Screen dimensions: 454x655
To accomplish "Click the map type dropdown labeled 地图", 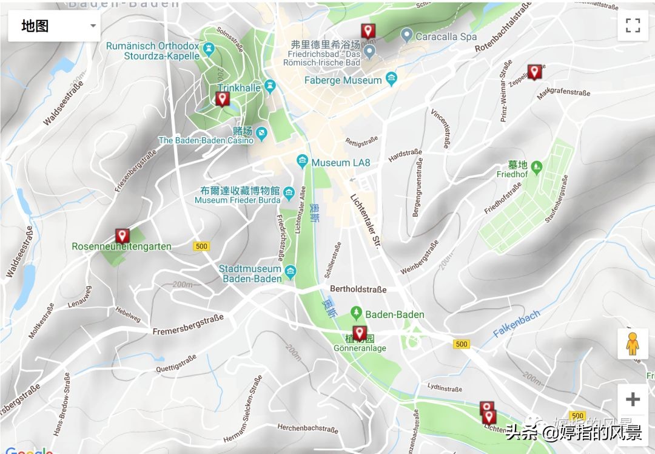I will click(54, 26).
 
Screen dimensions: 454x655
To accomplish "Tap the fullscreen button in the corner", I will click(633, 25).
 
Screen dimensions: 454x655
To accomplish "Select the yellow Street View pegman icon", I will click(633, 344).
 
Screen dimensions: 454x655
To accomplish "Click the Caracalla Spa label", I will click(446, 36).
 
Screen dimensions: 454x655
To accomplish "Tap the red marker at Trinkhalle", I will click(223, 98).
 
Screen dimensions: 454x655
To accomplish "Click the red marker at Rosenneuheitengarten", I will click(122, 236).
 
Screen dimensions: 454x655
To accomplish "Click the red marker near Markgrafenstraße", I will click(534, 72).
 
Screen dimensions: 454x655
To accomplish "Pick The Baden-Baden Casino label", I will click(206, 140).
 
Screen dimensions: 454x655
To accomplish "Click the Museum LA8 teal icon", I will click(302, 162).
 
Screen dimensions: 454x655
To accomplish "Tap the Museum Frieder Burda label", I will click(237, 200).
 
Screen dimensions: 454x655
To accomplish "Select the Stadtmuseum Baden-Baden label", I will click(250, 274).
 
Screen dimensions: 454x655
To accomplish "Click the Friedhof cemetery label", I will click(512, 174).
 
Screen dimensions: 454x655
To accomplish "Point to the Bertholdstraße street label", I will click(358, 290).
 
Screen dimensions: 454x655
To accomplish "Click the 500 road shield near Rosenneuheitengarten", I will click(201, 246).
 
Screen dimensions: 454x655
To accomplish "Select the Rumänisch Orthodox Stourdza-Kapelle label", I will click(153, 51).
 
